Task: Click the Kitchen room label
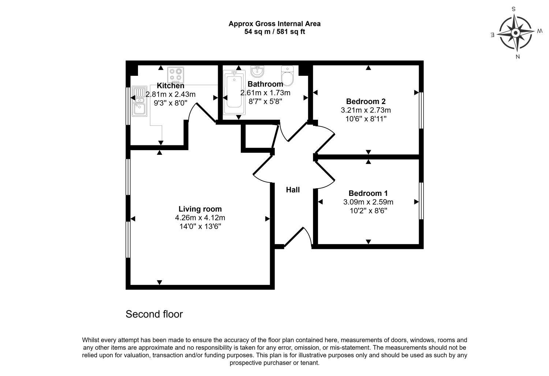point(170,86)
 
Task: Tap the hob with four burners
point(176,75)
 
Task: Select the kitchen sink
point(139,101)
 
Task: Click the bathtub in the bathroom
point(234,92)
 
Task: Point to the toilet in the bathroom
point(287,76)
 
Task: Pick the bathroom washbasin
point(257,71)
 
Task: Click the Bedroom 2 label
point(366,101)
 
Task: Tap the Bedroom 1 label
point(368,193)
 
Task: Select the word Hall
point(293,190)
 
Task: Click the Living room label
point(200,209)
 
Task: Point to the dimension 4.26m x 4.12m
point(200,218)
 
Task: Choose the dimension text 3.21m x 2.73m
point(366,110)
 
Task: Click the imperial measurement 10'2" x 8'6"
point(368,211)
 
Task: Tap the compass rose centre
point(516,33)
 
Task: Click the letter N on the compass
point(518,57)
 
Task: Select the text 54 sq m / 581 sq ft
point(274,32)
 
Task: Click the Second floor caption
point(154,314)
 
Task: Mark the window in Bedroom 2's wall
point(421,110)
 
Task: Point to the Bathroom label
point(265,84)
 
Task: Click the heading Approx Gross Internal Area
point(274,24)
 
